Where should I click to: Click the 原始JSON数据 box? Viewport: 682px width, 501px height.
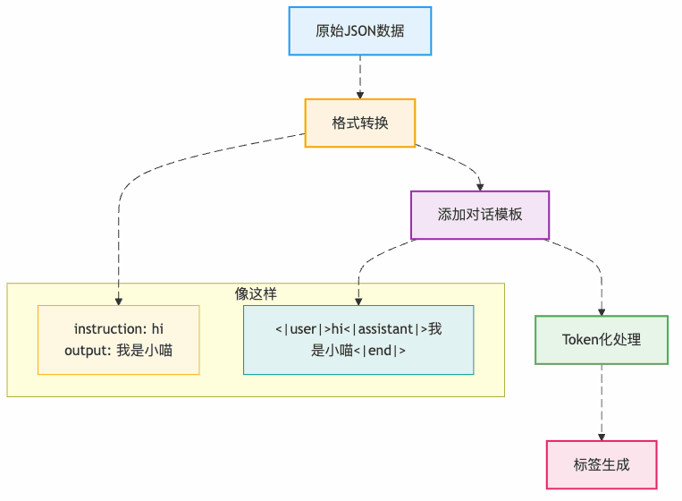(359, 31)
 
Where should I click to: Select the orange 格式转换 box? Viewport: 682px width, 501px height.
(359, 123)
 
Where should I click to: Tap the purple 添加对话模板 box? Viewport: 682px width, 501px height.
(479, 215)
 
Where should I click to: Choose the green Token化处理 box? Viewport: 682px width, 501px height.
(601, 339)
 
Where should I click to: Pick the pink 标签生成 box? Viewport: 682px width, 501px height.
(601, 464)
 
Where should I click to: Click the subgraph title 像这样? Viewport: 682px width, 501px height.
(256, 293)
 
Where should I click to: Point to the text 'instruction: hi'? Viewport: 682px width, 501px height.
(118, 329)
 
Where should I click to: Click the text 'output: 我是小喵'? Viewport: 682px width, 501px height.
(118, 351)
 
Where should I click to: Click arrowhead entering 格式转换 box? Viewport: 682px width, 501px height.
(359, 94)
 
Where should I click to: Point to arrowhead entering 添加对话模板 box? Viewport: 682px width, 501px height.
(480, 186)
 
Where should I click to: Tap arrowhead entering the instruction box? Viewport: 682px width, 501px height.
(118, 301)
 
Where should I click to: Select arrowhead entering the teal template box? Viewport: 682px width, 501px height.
(358, 301)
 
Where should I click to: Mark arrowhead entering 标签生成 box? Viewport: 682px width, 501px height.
(601, 436)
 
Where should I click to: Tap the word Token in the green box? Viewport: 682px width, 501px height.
(580, 339)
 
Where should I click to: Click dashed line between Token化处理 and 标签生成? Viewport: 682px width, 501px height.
(601, 398)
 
